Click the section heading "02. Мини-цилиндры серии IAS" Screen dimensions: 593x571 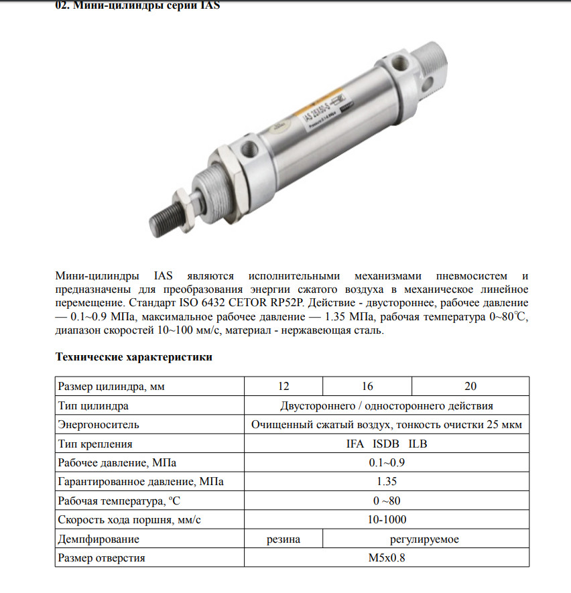pos(137,6)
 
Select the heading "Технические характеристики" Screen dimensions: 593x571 pos(133,356)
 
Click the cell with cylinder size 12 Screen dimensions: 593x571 pos(283,386)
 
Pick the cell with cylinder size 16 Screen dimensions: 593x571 pos(367,386)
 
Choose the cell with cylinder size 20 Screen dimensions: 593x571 pos(470,386)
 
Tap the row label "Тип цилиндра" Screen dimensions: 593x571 pos(94,405)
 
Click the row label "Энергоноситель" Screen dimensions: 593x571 pos(99,424)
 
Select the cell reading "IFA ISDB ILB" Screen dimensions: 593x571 pos(387,444)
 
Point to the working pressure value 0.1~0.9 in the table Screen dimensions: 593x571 pos(387,462)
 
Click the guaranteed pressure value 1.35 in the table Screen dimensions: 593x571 pos(387,481)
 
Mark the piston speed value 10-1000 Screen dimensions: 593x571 pos(387,520)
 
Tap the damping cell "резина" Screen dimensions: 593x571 pos(283,539)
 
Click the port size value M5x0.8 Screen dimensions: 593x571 pos(387,558)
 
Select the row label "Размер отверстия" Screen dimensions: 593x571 pos(101,558)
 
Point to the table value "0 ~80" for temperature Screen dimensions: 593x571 pos(387,501)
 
